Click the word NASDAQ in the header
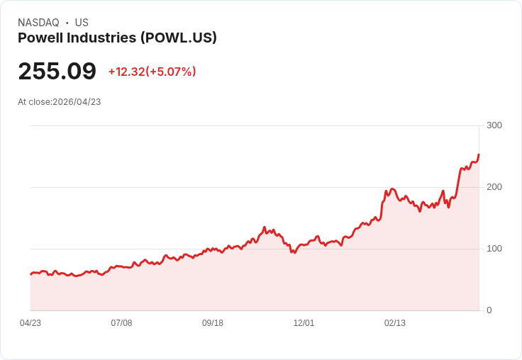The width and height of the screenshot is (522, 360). (38, 23)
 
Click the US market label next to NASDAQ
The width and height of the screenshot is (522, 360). (82, 23)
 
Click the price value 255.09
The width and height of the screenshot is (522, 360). (57, 72)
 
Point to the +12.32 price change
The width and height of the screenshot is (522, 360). (126, 72)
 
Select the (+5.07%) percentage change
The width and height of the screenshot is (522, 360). (171, 72)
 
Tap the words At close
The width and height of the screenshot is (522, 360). (34, 102)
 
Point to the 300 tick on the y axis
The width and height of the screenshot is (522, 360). (494, 125)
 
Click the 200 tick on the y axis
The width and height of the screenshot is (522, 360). (494, 187)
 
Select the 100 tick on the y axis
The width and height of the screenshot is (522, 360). (494, 249)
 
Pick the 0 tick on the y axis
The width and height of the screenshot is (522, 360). (489, 310)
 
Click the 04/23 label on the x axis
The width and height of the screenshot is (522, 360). (30, 323)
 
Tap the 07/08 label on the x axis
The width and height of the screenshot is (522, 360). (121, 323)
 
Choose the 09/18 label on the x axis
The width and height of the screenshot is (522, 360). (213, 323)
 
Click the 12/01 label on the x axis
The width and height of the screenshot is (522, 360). (304, 323)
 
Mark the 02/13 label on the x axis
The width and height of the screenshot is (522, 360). (395, 323)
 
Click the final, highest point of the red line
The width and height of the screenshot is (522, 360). (479, 154)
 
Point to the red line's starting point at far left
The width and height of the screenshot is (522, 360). (31, 274)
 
